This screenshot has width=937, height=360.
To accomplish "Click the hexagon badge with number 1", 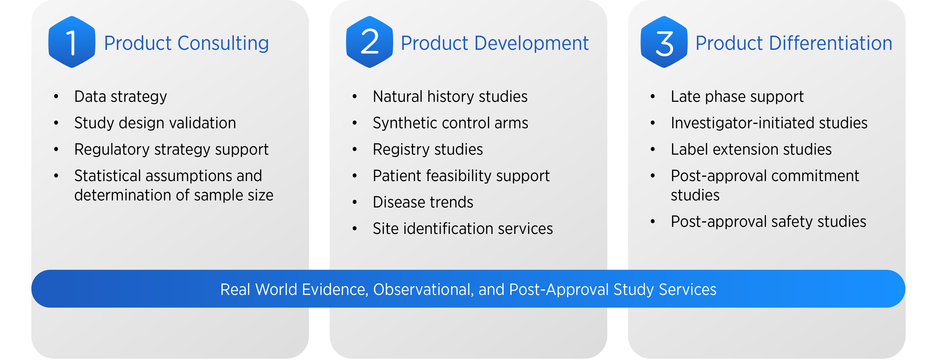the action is [x=72, y=42].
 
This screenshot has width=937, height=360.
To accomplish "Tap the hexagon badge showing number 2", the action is [x=370, y=42].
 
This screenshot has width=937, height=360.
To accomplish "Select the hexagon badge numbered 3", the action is [x=664, y=42].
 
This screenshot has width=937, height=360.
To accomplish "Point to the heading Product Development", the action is [x=495, y=43].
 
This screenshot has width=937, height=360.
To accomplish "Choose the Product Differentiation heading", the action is [x=794, y=43].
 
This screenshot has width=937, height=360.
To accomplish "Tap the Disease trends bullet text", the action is [x=423, y=202].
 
